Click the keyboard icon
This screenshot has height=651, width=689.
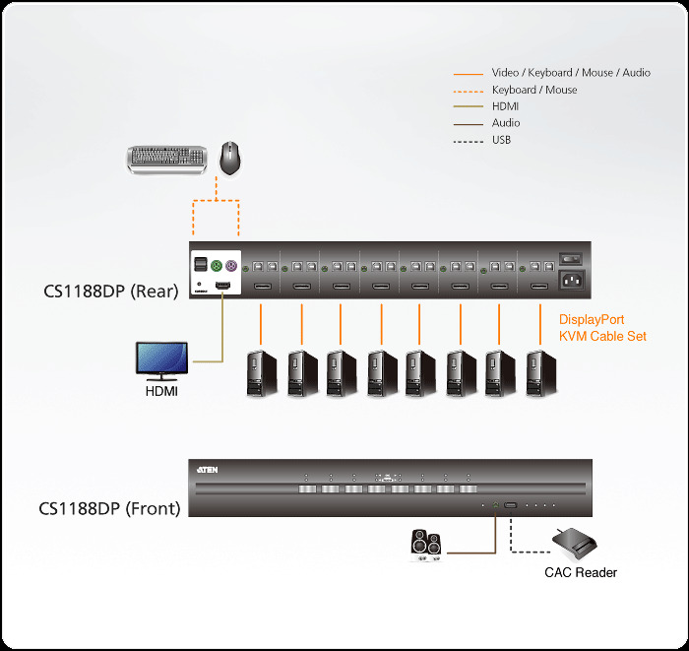point(167,159)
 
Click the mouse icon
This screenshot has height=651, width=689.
point(231,158)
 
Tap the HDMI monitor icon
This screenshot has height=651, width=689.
point(161,360)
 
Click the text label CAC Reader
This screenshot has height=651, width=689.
point(581,572)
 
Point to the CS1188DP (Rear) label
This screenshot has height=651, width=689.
point(109,291)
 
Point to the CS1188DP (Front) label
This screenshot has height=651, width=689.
point(109,509)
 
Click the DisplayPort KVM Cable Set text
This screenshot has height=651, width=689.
point(602,328)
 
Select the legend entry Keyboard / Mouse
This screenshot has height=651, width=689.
point(534,90)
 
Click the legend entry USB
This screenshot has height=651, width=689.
point(501,140)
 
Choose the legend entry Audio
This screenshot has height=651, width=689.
point(506,123)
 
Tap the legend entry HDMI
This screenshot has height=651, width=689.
point(505,106)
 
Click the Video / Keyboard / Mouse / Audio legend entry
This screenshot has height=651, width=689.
point(571,73)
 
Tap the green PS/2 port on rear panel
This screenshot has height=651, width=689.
point(216,266)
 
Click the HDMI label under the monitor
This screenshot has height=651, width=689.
point(161,392)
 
